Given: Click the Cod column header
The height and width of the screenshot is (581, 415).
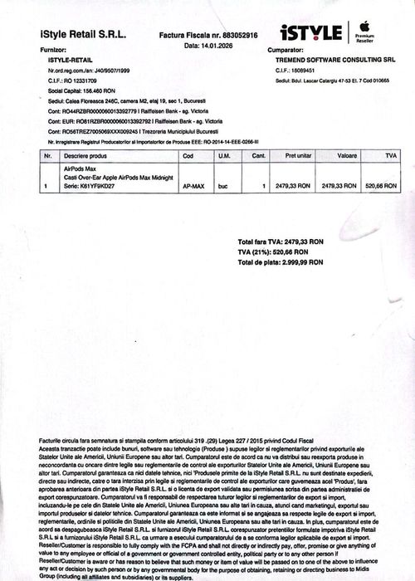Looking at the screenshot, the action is pos(188,155).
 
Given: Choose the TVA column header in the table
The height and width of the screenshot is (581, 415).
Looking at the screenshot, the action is pos(381,155).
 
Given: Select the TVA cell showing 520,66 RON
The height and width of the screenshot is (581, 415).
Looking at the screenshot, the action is pos(381,186).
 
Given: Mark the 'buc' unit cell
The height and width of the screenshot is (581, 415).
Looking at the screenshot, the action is pos(223,186).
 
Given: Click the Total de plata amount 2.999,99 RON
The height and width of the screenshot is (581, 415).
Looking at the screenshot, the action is pos(296,262).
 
